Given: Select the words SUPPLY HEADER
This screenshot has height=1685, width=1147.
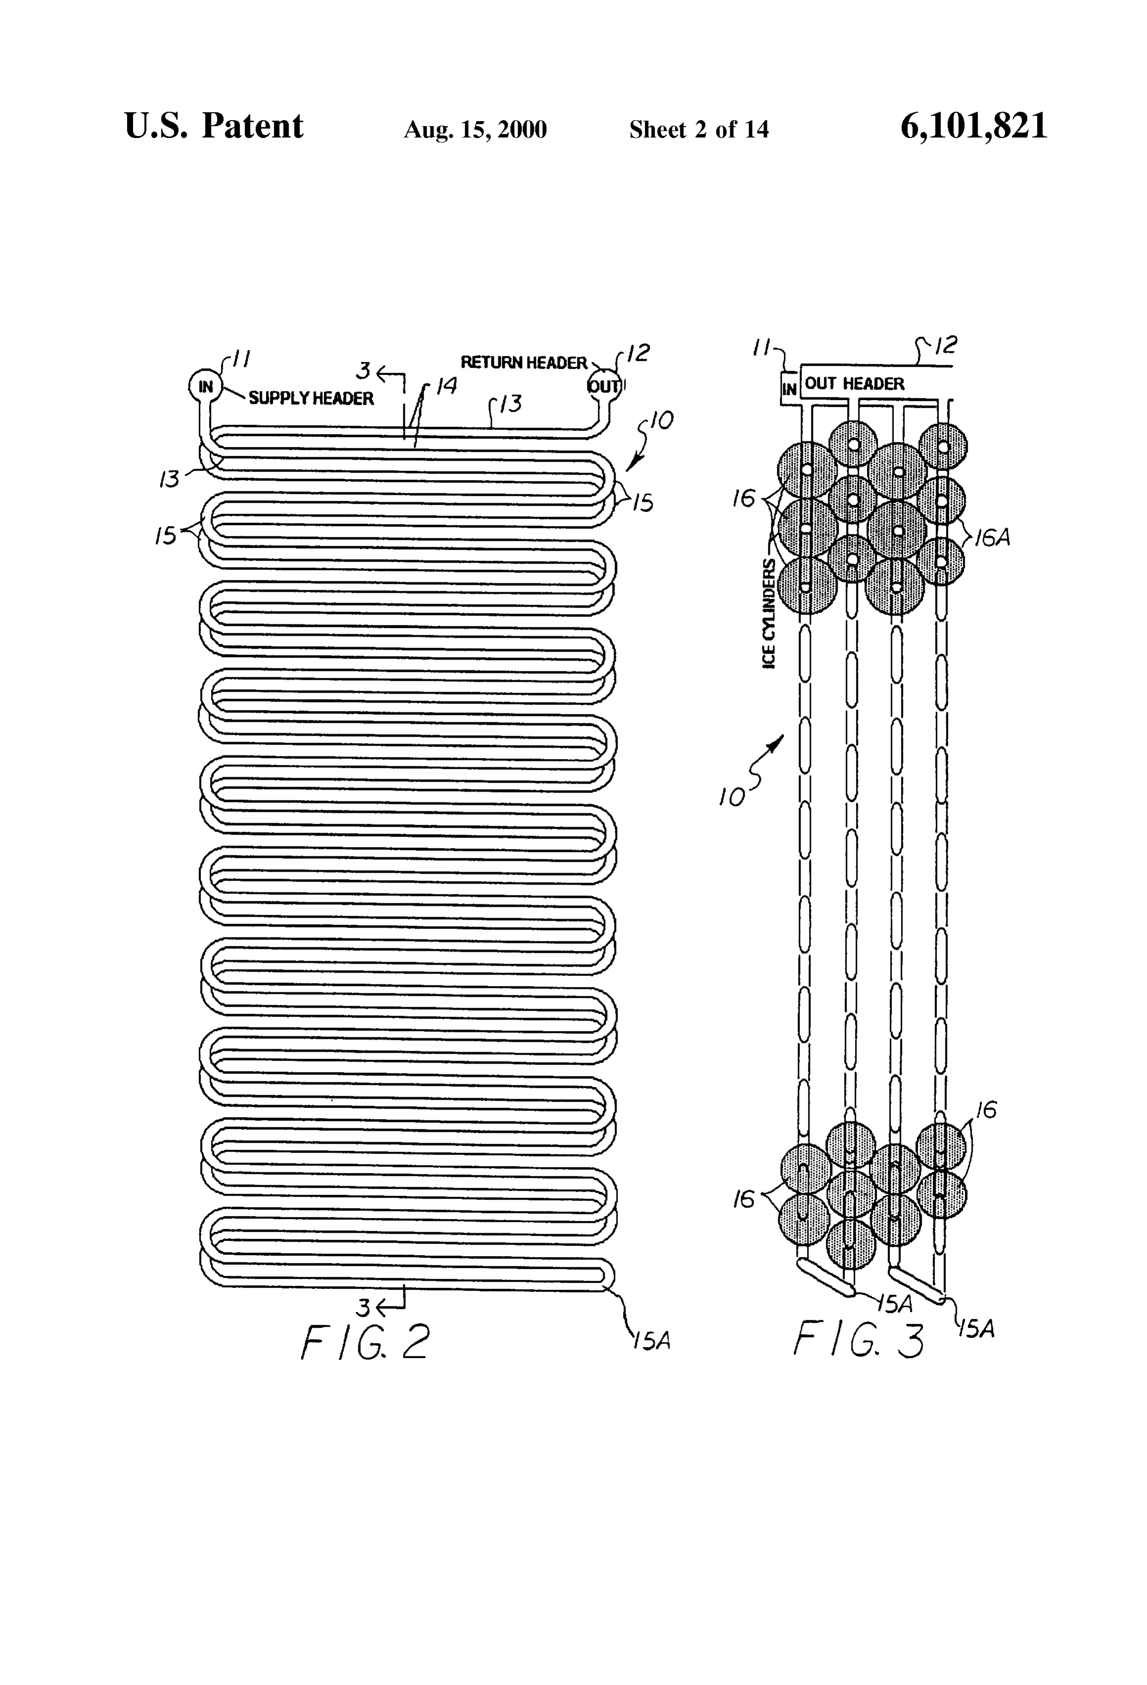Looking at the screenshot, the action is pyautogui.click(x=311, y=398).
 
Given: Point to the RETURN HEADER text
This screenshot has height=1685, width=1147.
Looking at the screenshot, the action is pyautogui.click(x=524, y=362).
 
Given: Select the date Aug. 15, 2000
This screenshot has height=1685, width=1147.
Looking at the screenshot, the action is pyautogui.click(x=475, y=130).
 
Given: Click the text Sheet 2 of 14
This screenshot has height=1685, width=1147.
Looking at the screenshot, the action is pyautogui.click(x=699, y=129).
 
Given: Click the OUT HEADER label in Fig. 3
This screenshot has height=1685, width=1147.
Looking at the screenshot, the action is pyautogui.click(x=855, y=384).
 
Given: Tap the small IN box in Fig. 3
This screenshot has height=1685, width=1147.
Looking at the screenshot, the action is pyautogui.click(x=790, y=389).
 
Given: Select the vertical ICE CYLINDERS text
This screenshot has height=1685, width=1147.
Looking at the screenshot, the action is pyautogui.click(x=769, y=614).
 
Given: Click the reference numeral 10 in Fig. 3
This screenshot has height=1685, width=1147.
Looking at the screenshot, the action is pyautogui.click(x=732, y=798).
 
